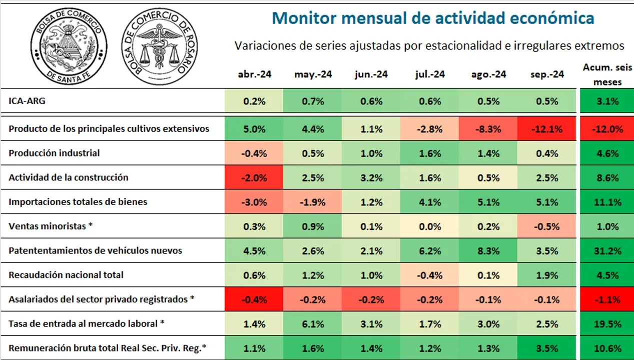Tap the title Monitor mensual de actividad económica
coord(433,18)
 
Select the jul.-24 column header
coord(430,74)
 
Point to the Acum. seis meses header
coord(607,74)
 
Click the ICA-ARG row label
coord(27,101)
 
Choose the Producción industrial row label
coord(54,153)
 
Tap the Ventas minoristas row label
coord(51,226)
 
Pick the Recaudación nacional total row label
coord(66,274)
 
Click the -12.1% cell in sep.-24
coord(547,129)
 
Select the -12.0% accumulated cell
coord(607,129)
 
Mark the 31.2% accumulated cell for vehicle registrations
coord(607,250)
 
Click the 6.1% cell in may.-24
coord(313,323)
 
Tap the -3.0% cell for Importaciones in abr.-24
coord(254,202)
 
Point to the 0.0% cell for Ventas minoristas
coord(430,226)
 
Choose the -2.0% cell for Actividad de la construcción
coord(254,177)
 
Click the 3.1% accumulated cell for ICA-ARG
coord(607,101)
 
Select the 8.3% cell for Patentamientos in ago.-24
coord(488,250)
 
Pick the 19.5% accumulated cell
coord(607,323)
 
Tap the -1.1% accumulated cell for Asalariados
coord(607,299)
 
